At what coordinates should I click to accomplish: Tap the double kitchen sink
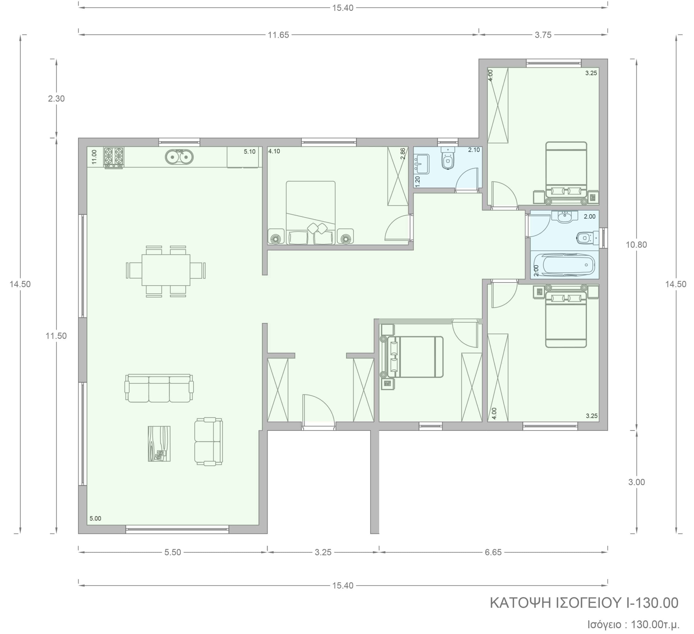pyautogui.click(x=179, y=157)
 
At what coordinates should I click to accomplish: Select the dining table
pyautogui.click(x=166, y=270)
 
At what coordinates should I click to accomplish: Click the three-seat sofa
pyautogui.click(x=159, y=388)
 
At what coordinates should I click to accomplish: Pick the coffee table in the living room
pyautogui.click(x=159, y=444)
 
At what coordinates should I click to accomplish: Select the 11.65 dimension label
pyautogui.click(x=278, y=35)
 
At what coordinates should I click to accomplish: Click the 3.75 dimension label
pyautogui.click(x=543, y=35)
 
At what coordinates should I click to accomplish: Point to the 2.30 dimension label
pyautogui.click(x=56, y=99)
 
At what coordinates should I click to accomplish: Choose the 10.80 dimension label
pyautogui.click(x=636, y=245)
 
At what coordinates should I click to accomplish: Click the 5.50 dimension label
pyautogui.click(x=172, y=552)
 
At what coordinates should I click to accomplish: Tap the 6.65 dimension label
pyautogui.click(x=493, y=552)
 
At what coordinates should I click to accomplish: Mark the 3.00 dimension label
pyautogui.click(x=637, y=482)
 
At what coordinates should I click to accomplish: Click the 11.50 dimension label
pyautogui.click(x=56, y=336)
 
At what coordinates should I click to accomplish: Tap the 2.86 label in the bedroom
pyautogui.click(x=402, y=154)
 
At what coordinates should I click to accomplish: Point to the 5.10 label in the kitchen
pyautogui.click(x=250, y=152)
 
